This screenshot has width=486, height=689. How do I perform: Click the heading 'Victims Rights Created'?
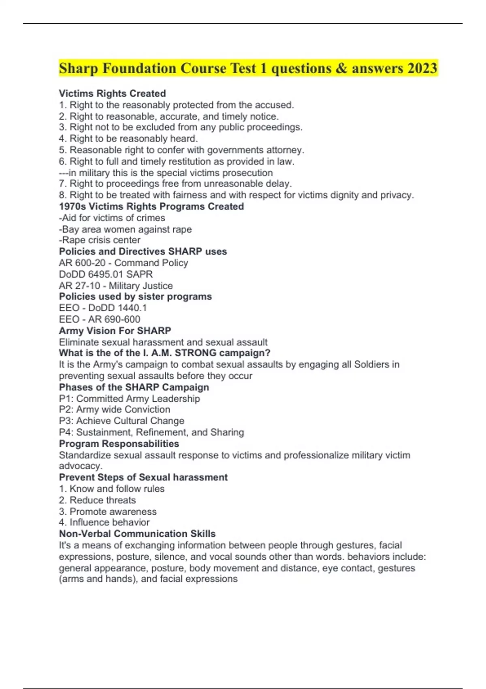coord(112,94)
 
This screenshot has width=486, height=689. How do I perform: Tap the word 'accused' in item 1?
coord(273,105)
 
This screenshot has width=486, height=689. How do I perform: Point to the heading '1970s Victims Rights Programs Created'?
coord(151,206)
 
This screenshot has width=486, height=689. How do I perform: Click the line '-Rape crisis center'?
coord(100,240)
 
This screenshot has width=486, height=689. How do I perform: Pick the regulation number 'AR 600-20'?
coord(82,263)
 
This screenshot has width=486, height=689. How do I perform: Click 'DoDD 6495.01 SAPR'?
coord(106,274)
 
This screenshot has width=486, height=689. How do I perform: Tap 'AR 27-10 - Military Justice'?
coord(116,285)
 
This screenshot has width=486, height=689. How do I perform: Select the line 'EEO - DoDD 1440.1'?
coord(103,308)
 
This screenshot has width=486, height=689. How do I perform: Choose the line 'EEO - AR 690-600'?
coord(100,319)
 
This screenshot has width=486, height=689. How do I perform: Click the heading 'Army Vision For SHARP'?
coord(115,330)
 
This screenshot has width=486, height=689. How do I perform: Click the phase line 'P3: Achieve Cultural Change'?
coord(122,421)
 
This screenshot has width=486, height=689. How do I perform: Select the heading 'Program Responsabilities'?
coord(119,443)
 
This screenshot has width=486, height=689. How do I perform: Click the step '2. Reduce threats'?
coord(97,500)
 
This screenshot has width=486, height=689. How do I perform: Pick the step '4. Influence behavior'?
coord(104,522)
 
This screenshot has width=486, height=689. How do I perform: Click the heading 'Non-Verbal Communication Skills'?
coord(137,533)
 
